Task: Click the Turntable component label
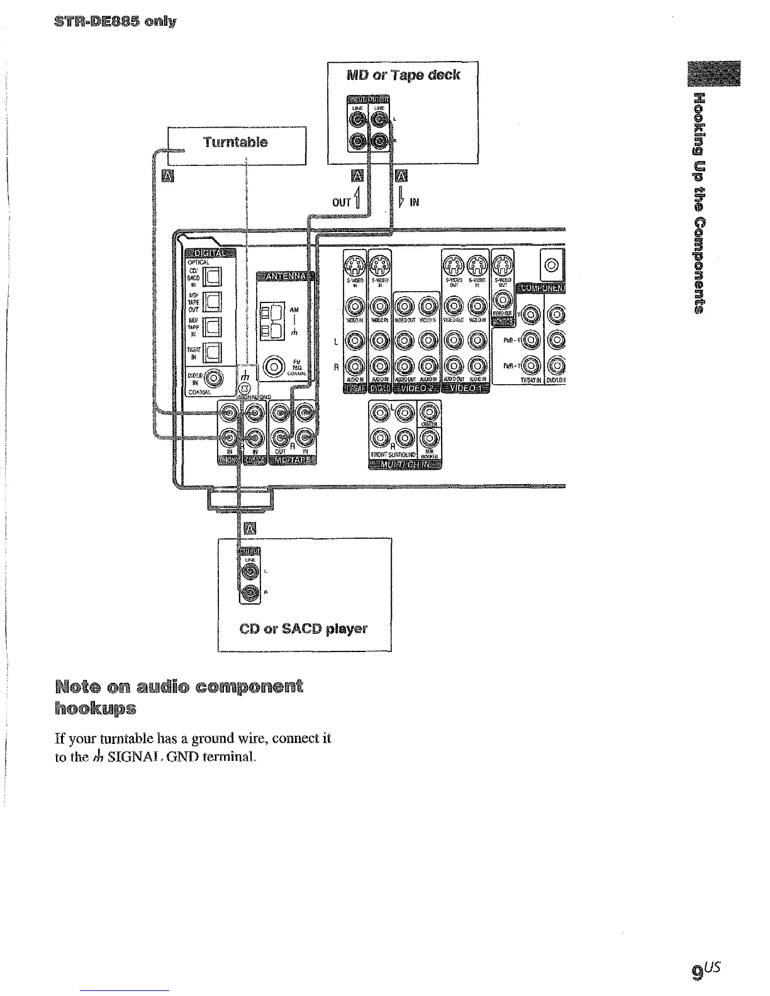235,142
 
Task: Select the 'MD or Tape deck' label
404,75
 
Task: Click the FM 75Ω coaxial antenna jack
275,365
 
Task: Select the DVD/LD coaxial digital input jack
215,379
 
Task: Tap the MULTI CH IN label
405,464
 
